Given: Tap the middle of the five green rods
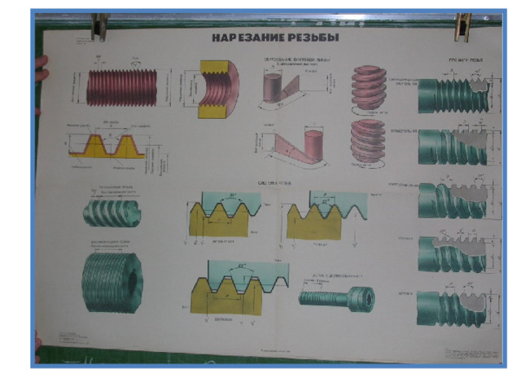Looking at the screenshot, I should (x=444, y=199).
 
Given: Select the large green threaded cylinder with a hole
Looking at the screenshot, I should (x=111, y=281).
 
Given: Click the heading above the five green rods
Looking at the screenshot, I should (x=468, y=60).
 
